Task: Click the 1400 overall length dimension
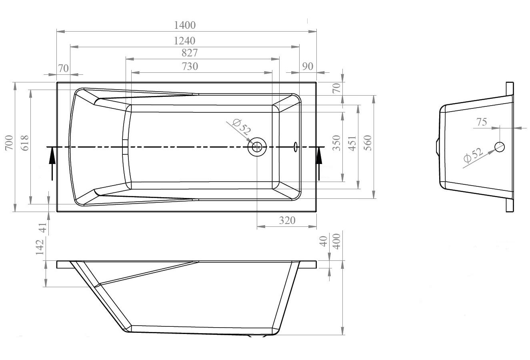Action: [x=185, y=25]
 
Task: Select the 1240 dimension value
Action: [x=184, y=41]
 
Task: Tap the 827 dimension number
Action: [x=190, y=53]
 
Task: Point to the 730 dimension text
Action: [x=190, y=66]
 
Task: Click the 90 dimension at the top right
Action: [x=308, y=66]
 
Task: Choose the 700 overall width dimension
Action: [x=9, y=143]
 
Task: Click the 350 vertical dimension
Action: [x=336, y=143]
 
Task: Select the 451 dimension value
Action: [x=352, y=143]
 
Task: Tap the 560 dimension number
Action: [x=368, y=143]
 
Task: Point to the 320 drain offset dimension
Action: [x=287, y=220]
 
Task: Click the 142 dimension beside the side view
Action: [x=40, y=247]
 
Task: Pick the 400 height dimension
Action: [x=336, y=242]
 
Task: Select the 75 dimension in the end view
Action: [x=482, y=122]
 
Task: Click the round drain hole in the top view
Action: [x=257, y=147]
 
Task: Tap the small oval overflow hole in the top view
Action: [x=296, y=147]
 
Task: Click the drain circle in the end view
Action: [x=499, y=147]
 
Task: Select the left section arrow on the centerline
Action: [x=52, y=162]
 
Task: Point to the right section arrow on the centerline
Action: [x=319, y=162]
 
